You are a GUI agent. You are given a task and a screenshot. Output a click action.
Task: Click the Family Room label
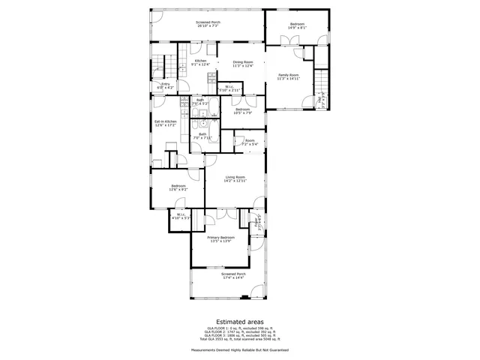tap(289, 76)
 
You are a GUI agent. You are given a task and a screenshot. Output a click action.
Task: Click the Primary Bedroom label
tap(220, 238)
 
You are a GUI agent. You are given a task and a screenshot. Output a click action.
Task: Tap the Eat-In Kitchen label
tap(165, 123)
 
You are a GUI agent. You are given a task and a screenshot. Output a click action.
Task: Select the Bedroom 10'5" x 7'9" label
tap(242, 111)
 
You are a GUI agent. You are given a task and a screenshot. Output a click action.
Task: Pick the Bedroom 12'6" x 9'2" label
tap(178, 187)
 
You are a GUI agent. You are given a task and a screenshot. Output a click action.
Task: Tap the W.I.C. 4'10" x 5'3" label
tap(181, 216)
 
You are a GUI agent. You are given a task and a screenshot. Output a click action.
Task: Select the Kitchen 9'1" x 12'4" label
tap(200, 63)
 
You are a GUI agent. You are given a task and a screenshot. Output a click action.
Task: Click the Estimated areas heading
tap(239, 320)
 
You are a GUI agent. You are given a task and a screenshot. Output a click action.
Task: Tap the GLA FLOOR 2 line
tap(239, 332)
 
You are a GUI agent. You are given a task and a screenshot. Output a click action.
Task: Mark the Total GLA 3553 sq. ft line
tap(239, 340)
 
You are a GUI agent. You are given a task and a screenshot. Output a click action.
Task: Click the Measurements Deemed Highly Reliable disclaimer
tap(239, 349)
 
